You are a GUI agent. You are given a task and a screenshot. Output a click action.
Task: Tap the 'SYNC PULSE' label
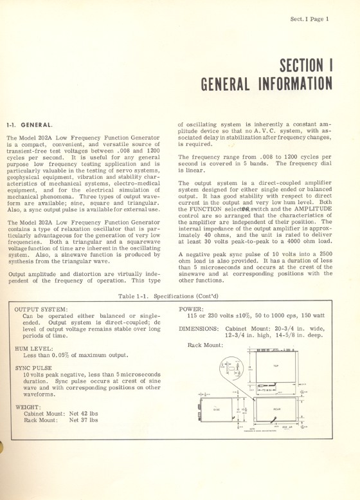pyautogui.click(x=33, y=368)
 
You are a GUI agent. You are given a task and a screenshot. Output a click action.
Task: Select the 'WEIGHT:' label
pyautogui.click(x=28, y=407)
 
